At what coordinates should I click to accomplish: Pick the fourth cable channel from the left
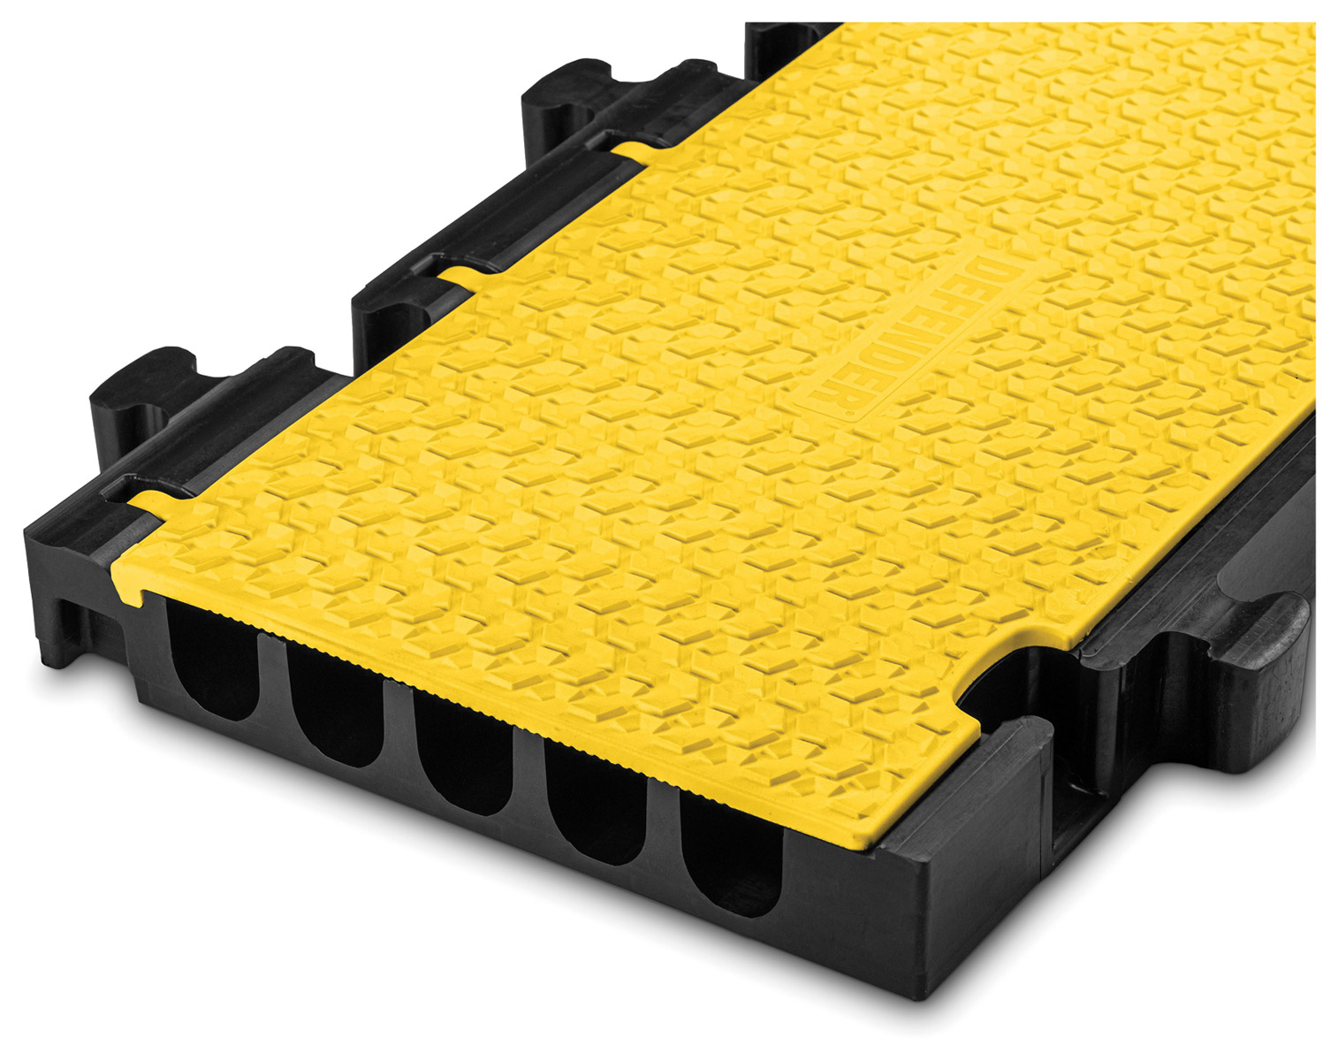(597, 802)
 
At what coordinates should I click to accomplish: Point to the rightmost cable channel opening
(731, 851)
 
